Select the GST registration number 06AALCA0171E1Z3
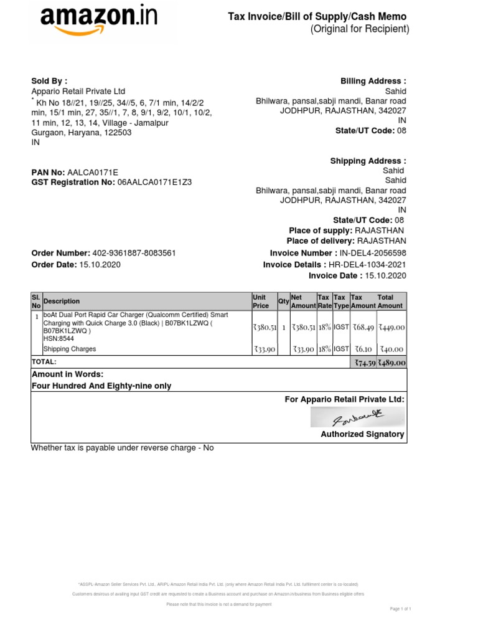point(154,182)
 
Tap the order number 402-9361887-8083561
point(134,253)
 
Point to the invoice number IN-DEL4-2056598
point(372,253)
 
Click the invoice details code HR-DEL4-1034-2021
point(367,264)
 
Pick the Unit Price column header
point(261,302)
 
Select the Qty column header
point(284,302)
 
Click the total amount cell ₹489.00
point(392,363)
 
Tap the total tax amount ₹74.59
point(364,363)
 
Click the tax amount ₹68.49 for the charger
point(363,327)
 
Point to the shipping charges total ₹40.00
point(392,350)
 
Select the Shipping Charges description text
point(69,349)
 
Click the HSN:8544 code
point(59,340)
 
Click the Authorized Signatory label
point(362,434)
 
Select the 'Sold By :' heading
point(49,81)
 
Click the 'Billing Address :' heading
point(373,81)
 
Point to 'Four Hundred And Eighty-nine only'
point(101,386)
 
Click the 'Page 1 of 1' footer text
point(400,608)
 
